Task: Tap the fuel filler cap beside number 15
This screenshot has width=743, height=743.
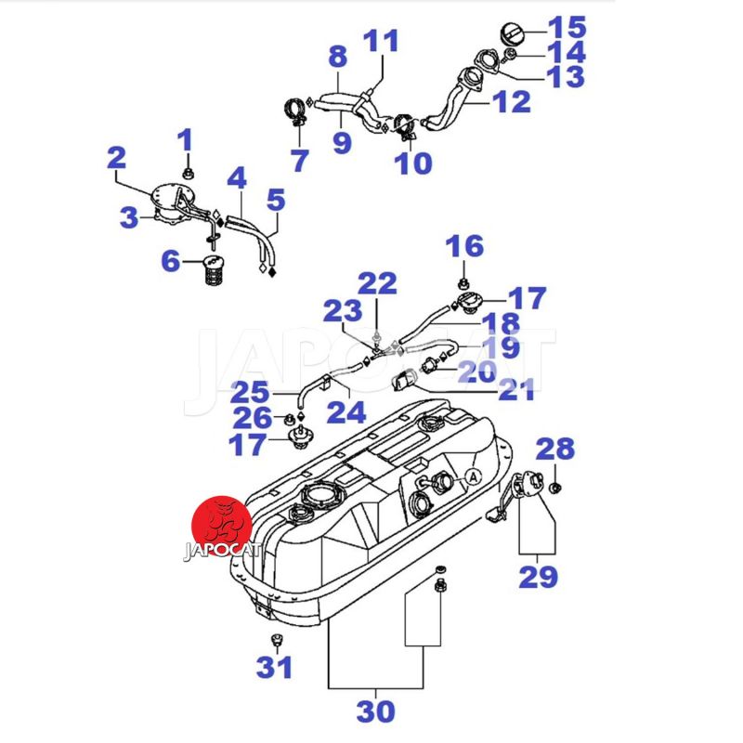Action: coord(515,33)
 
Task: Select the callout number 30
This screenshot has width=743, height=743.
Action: coord(375,711)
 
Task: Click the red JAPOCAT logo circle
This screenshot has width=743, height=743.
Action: coord(221,528)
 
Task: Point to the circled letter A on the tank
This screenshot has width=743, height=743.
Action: coord(472,476)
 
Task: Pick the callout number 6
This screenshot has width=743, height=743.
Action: coord(171,262)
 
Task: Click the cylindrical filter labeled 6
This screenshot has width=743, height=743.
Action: coord(214,271)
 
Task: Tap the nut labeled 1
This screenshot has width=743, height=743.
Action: coord(187,173)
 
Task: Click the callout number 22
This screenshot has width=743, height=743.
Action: coord(377,283)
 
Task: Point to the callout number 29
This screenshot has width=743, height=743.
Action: coord(538,577)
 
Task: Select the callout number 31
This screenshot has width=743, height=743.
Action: coord(274,667)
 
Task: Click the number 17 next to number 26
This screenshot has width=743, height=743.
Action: coord(249,445)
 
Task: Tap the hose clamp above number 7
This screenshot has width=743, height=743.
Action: coord(295,114)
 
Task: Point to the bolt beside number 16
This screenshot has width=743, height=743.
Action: coord(463,280)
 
